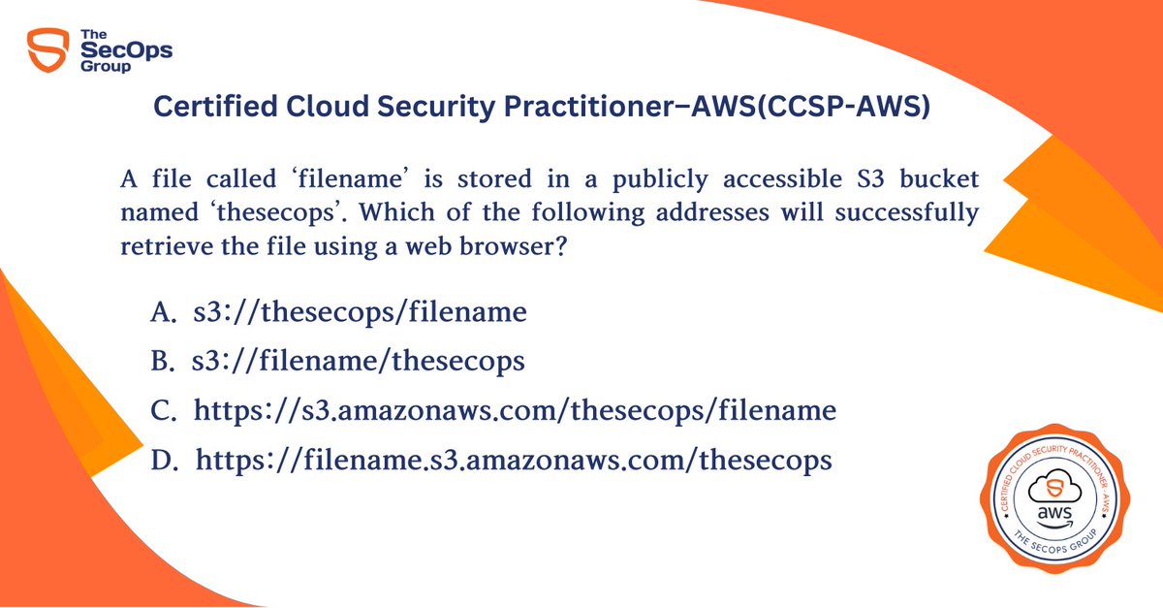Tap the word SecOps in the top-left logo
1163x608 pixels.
126,51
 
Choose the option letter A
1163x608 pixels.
161,312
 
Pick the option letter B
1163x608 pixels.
161,362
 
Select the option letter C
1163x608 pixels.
163,411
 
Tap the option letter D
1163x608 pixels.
163,461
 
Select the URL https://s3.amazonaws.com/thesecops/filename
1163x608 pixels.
515,411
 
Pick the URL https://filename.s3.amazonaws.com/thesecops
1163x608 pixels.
514,461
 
